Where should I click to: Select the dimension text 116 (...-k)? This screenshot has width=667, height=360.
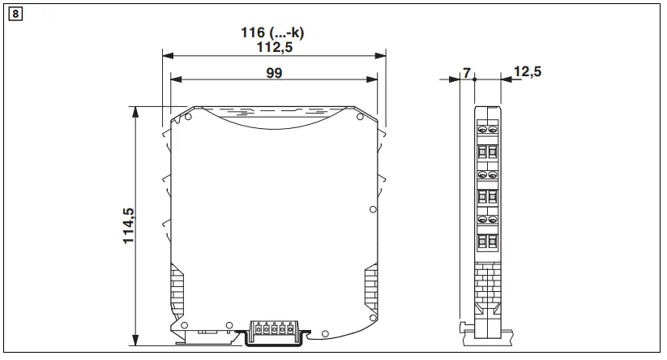click(276, 33)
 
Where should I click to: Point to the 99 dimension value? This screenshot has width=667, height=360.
click(274, 72)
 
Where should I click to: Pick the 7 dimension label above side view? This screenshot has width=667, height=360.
click(466, 73)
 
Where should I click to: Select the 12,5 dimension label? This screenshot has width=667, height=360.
click(527, 72)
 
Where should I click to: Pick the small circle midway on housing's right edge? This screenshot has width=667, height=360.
click(373, 209)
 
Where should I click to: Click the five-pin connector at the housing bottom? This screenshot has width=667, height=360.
click(270, 330)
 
